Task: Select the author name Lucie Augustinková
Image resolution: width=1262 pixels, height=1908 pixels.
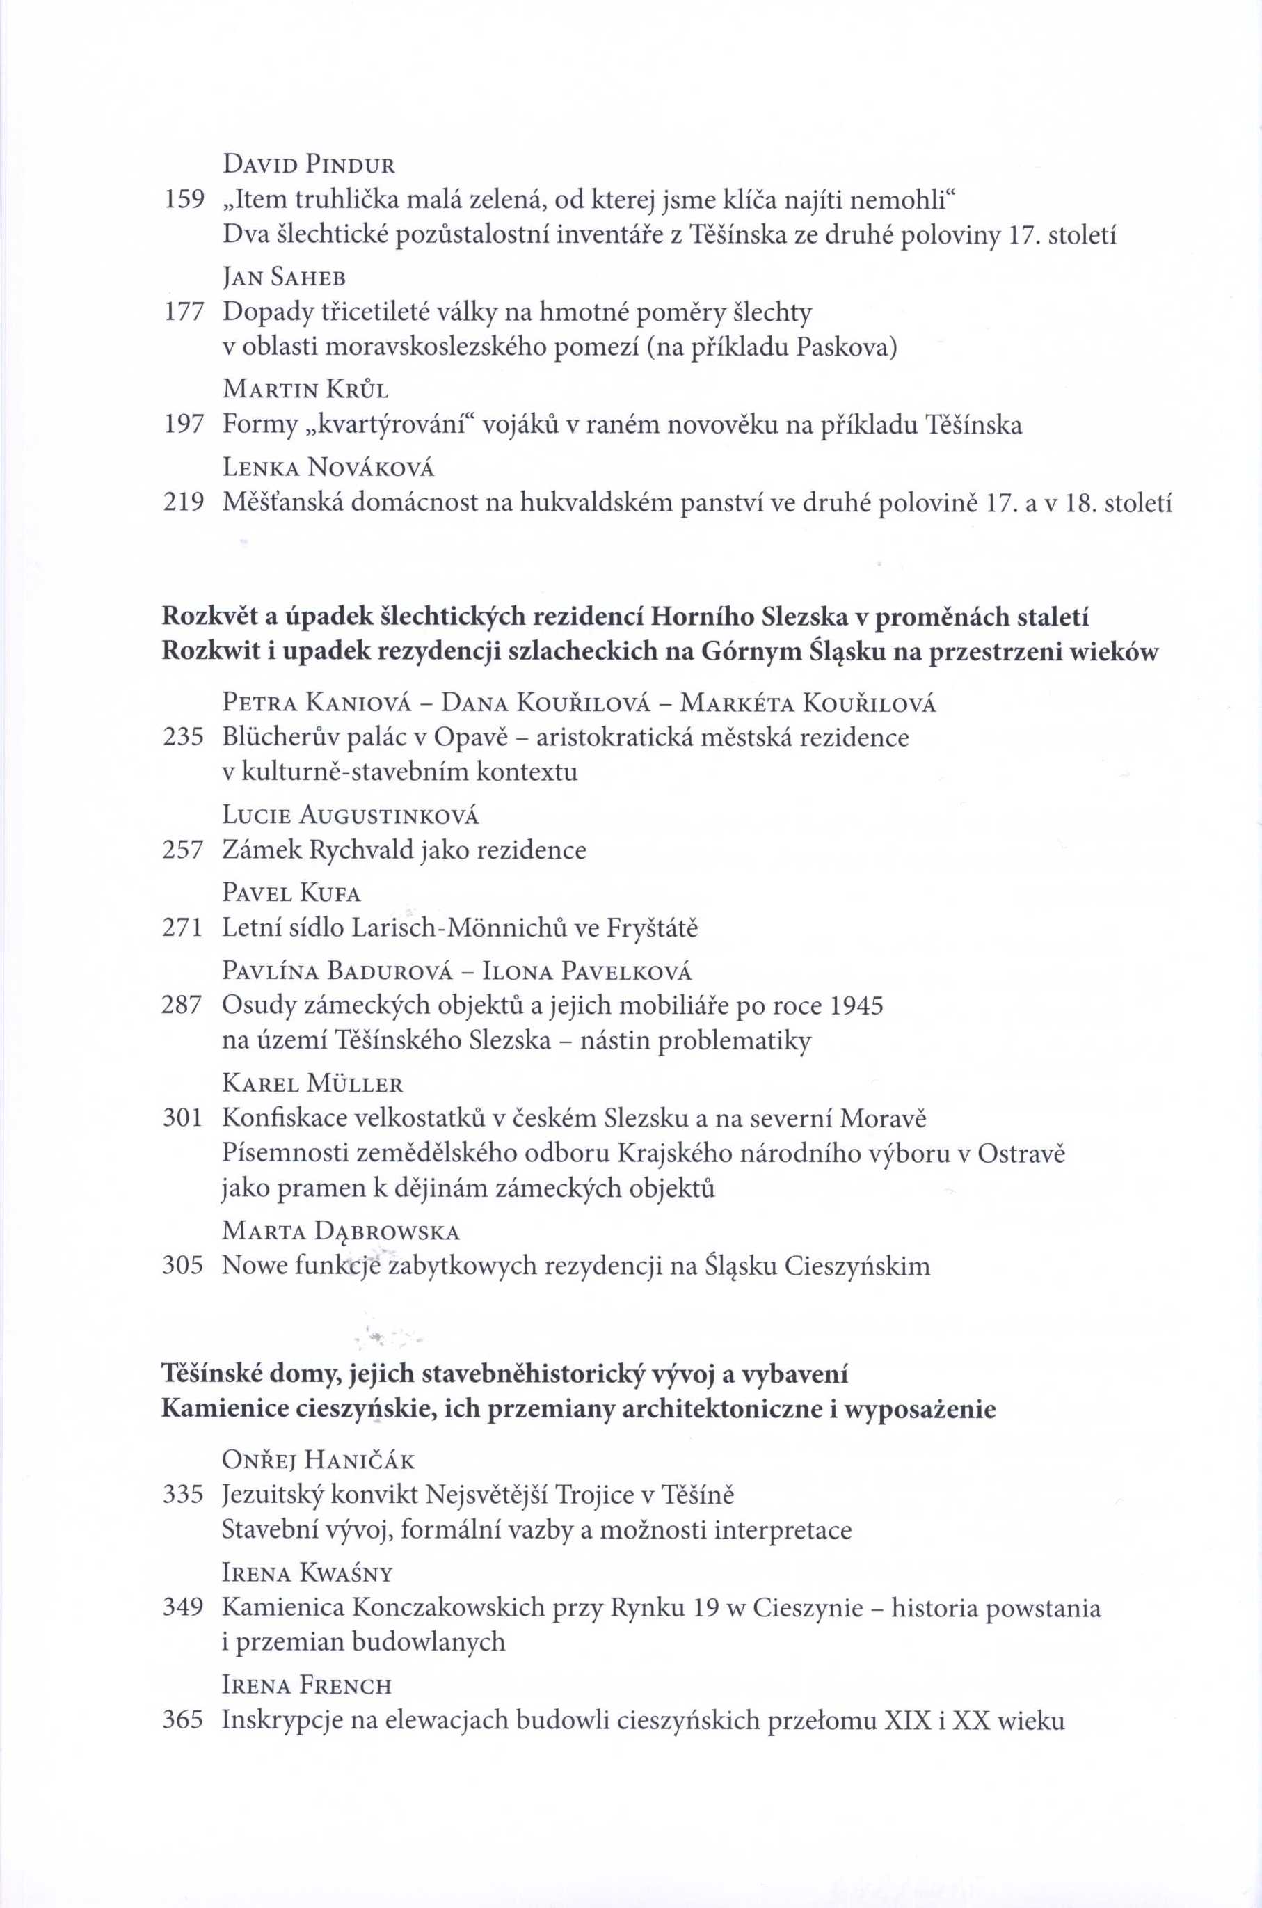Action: (x=350, y=816)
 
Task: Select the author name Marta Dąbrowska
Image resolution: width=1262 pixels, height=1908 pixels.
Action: (x=342, y=1232)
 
